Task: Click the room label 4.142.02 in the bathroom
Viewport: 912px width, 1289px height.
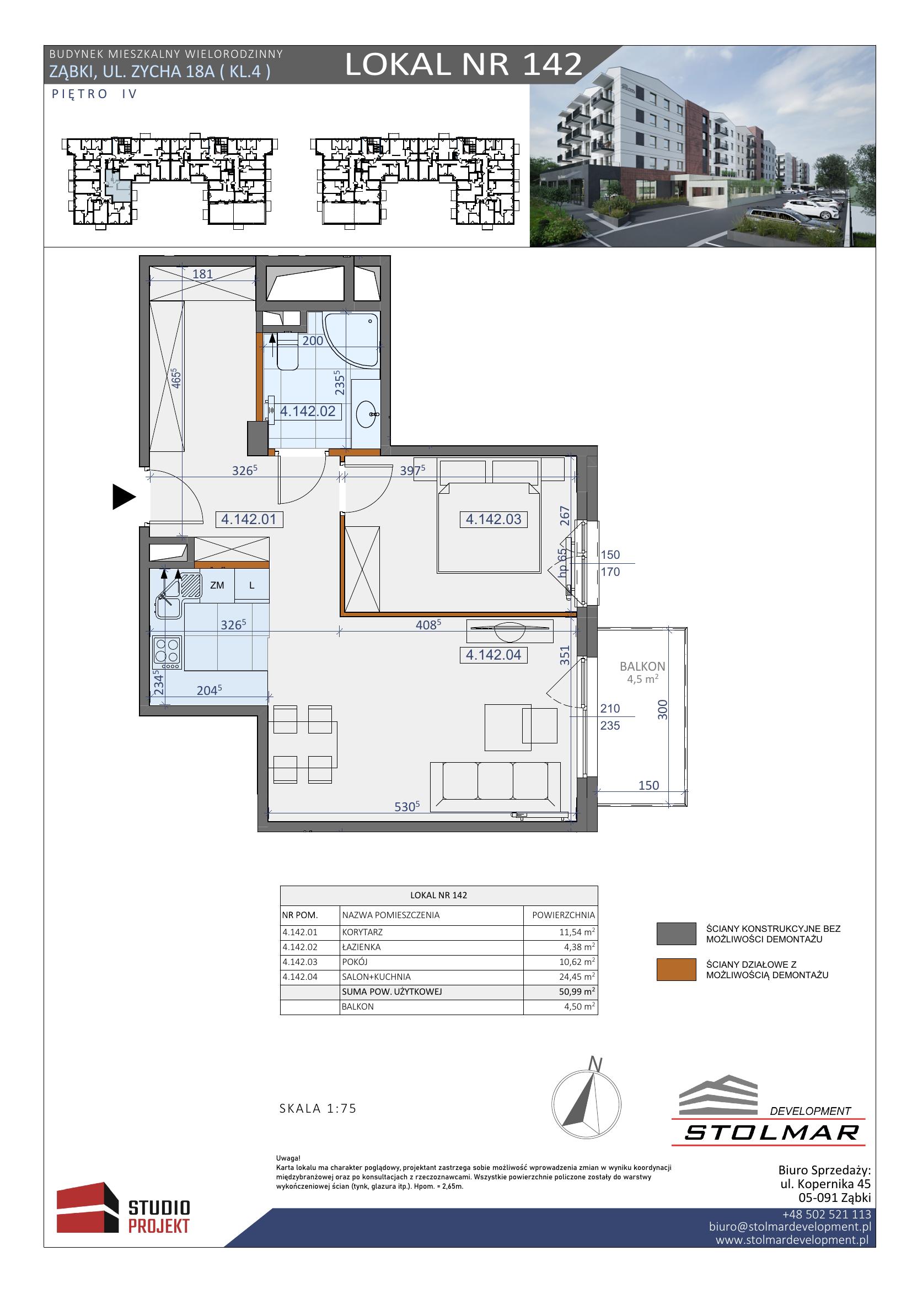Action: (308, 412)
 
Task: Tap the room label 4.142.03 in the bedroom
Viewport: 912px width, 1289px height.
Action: (493, 519)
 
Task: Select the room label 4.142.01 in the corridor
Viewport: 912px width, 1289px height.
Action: (249, 519)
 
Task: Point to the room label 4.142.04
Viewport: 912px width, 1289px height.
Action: (493, 655)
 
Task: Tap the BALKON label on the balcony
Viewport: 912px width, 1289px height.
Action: (642, 666)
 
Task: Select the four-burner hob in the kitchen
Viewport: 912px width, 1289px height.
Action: (166, 652)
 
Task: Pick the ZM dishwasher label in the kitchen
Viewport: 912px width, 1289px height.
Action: (217, 585)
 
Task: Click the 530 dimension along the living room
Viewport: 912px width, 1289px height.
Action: (407, 807)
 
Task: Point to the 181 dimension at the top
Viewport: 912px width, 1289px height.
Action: (203, 274)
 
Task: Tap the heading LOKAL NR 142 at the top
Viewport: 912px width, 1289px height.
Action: (463, 64)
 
